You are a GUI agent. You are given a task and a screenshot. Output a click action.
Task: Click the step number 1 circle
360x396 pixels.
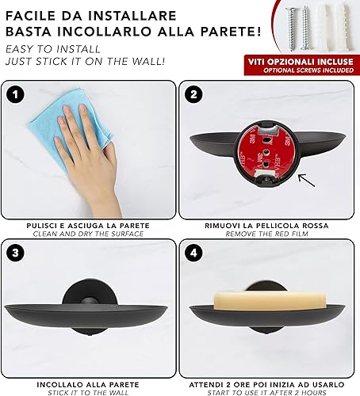click(x=16, y=94)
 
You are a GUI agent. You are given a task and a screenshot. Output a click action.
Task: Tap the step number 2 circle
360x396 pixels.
click(x=193, y=94)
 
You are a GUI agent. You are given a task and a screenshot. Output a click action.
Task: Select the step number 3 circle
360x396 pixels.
click(x=16, y=253)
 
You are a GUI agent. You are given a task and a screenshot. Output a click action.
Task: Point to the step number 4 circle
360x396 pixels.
click(x=193, y=253)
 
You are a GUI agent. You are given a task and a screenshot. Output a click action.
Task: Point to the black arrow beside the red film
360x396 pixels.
click(x=306, y=181)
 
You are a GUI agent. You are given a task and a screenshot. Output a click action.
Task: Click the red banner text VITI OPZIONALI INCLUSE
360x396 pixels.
click(x=301, y=62)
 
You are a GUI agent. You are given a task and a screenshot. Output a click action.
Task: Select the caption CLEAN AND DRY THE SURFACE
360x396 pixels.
click(x=88, y=234)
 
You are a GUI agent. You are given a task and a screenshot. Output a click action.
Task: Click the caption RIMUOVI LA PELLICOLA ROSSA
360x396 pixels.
click(x=266, y=226)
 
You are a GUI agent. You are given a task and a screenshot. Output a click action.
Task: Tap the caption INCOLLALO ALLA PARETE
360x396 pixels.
click(x=88, y=385)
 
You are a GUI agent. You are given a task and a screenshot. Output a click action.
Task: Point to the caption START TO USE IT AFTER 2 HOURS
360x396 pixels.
click(x=266, y=393)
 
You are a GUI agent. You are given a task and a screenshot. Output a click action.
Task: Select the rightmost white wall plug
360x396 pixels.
click(x=344, y=28)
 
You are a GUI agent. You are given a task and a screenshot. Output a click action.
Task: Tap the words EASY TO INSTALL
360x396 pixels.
click(x=53, y=49)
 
